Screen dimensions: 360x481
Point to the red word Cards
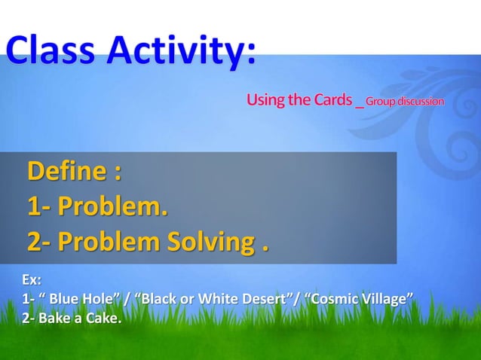click(x=332, y=100)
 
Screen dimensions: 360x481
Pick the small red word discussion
click(x=421, y=101)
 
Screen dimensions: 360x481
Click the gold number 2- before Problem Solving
click(x=39, y=243)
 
